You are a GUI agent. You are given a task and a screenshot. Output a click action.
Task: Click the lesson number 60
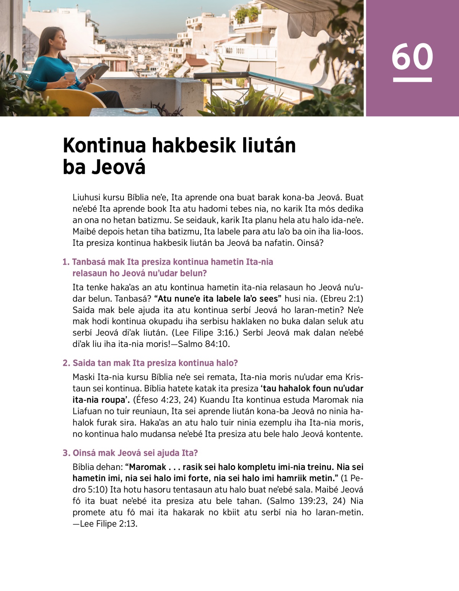412,57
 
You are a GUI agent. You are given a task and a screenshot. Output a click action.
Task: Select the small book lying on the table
136,111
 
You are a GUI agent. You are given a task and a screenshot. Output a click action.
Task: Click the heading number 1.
66,262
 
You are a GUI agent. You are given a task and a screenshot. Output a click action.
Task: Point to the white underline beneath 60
412,80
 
